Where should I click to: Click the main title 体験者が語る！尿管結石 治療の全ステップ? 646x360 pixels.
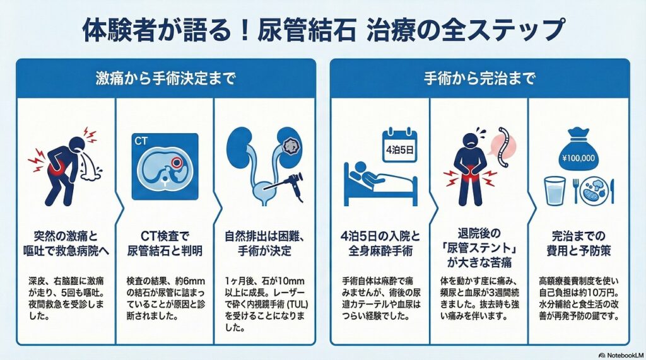click(322, 29)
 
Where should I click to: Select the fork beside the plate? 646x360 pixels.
click(576, 192)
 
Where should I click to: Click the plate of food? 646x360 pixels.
click(597, 192)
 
